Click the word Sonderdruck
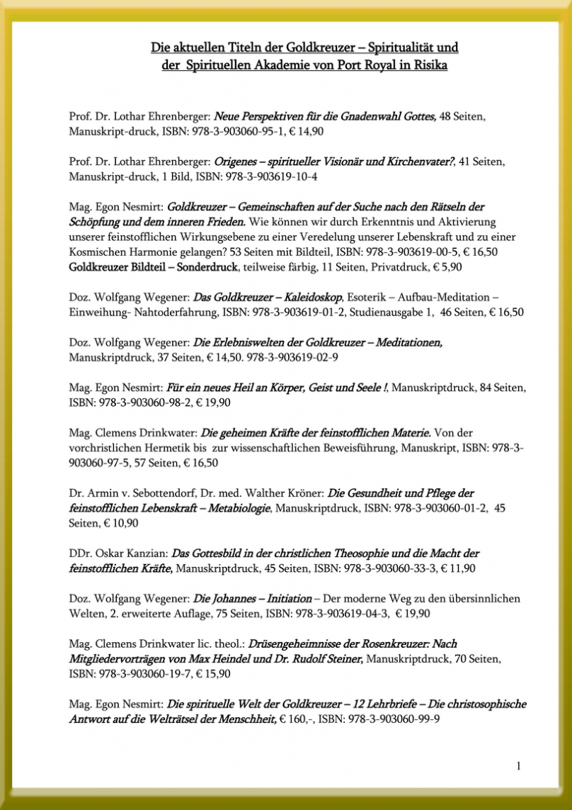pyautogui.click(x=205, y=267)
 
